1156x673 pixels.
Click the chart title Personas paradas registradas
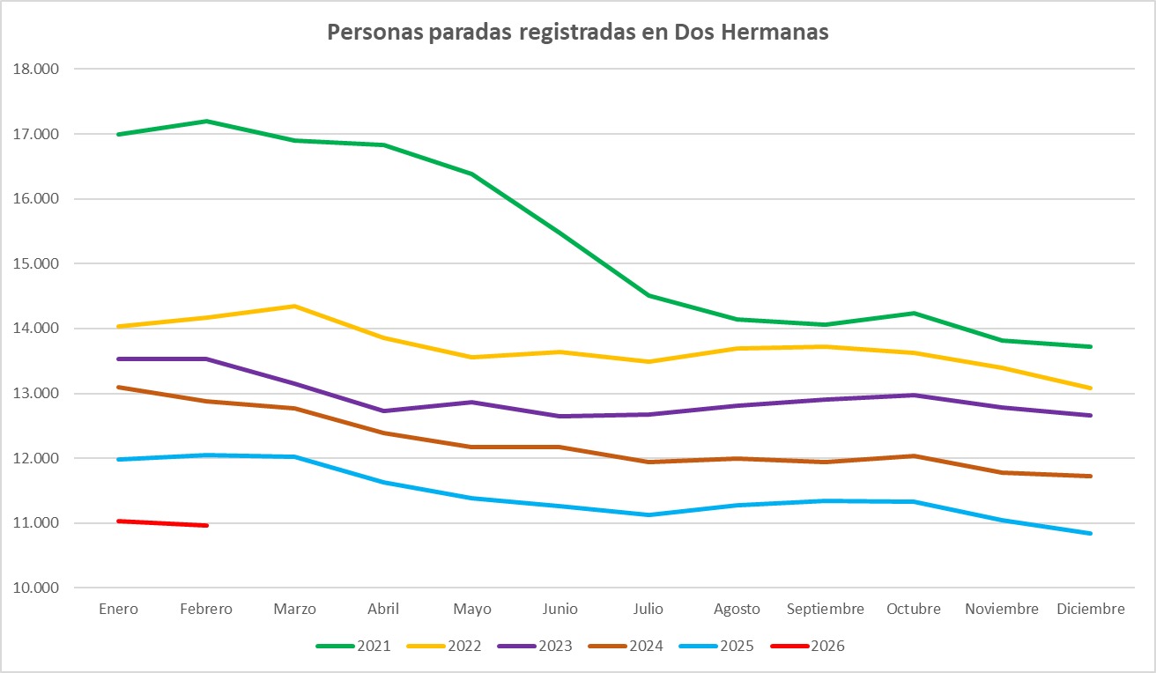pyautogui.click(x=577, y=33)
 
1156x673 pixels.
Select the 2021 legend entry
pyautogui.click(x=352, y=646)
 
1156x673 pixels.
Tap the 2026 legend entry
pyautogui.click(x=806, y=646)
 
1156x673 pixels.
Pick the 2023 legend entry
pyautogui.click(x=534, y=646)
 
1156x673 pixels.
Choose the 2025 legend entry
pyautogui.click(x=715, y=646)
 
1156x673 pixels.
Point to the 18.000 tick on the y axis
pyautogui.click(x=36, y=69)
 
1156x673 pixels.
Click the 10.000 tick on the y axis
pyautogui.click(x=36, y=588)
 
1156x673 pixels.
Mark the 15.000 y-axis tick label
pyautogui.click(x=36, y=263)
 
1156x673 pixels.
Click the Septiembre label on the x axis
pyautogui.click(x=825, y=609)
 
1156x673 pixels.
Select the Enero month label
pyautogui.click(x=118, y=609)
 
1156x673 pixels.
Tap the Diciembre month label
pyautogui.click(x=1090, y=609)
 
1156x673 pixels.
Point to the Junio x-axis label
pyautogui.click(x=560, y=609)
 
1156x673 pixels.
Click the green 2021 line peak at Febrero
pyautogui.click(x=206, y=121)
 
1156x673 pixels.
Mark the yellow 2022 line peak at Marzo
pyautogui.click(x=294, y=306)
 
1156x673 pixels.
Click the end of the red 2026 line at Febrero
pyautogui.click(x=206, y=525)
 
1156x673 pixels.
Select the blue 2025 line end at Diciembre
pyautogui.click(x=1090, y=533)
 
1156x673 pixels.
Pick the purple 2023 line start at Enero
pyautogui.click(x=118, y=359)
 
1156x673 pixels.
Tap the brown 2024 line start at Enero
pyautogui.click(x=118, y=387)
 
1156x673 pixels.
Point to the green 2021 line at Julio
pyautogui.click(x=648, y=295)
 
